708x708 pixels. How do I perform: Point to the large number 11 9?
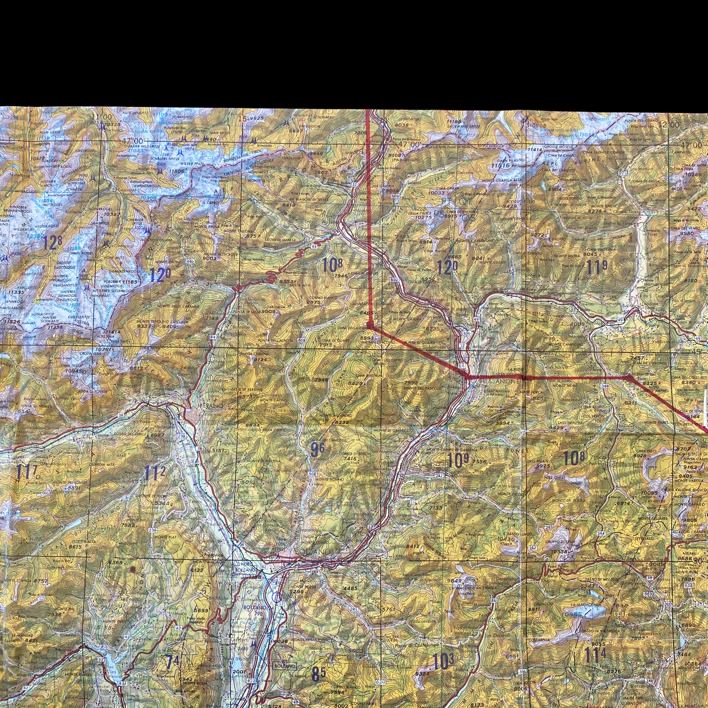tap(597, 267)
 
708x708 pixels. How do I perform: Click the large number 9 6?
tap(317, 450)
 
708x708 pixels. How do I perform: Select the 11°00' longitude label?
tap(101, 117)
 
